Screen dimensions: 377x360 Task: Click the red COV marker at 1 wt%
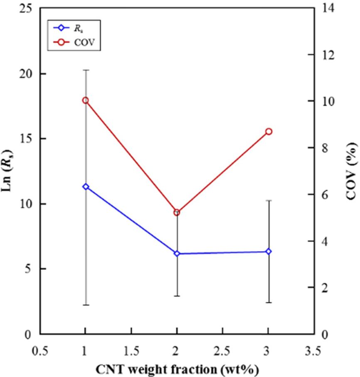[x=86, y=100]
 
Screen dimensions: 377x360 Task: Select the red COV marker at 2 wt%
[x=177, y=212]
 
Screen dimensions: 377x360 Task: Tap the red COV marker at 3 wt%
[x=269, y=131]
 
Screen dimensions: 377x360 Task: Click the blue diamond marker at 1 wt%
[x=86, y=186]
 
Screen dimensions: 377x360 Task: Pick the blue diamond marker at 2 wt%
[x=177, y=253]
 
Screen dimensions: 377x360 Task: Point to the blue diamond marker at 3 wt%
[x=269, y=251]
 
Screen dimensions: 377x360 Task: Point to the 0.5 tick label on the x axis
[x=40, y=351]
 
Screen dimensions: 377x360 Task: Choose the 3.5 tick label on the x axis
[x=314, y=351]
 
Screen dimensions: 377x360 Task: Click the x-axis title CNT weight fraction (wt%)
[x=177, y=369]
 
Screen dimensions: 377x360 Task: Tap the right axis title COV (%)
[x=352, y=171]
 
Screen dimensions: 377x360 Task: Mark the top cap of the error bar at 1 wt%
[x=86, y=70]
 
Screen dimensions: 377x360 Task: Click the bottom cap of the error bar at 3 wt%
[x=269, y=302]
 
